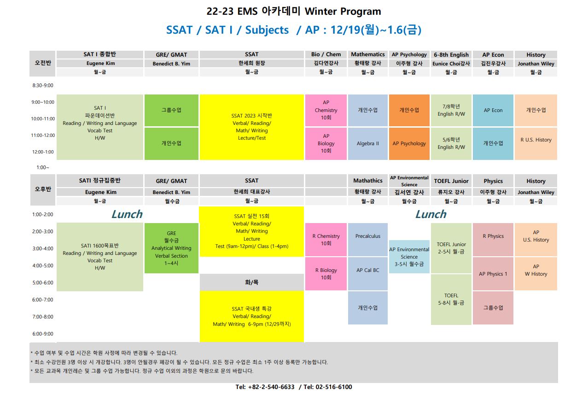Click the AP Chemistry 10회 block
[326, 110]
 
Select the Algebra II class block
[367, 143]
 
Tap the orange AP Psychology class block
[409, 143]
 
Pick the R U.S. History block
[536, 143]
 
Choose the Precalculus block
[367, 239]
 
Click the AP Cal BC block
[367, 274]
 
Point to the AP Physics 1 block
[493, 274]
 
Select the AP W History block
[536, 274]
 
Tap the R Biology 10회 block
[326, 274]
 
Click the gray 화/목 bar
[251, 282]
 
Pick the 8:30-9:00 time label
[43, 85]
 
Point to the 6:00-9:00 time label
[43, 334]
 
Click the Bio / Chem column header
[326, 54]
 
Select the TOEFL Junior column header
[451, 181]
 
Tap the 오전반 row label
[43, 63]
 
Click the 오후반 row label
[43, 189]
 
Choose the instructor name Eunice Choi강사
[451, 64]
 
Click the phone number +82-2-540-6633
[271, 387]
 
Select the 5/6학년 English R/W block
[451, 143]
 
